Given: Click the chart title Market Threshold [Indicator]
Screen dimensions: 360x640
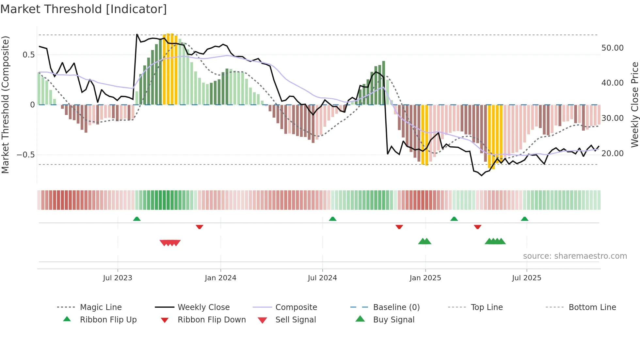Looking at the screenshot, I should pyautogui.click(x=84, y=9).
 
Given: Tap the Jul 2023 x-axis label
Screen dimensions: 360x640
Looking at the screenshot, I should pyautogui.click(x=118, y=278).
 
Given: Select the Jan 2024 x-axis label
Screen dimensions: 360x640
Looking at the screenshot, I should pyautogui.click(x=220, y=278).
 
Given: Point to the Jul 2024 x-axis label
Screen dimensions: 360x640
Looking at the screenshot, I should pyautogui.click(x=322, y=278).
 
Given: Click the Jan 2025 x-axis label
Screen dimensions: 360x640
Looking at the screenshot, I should pyautogui.click(x=425, y=278).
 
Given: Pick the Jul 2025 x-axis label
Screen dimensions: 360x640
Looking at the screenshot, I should pyautogui.click(x=526, y=278).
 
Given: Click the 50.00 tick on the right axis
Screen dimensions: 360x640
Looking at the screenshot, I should pyautogui.click(x=612, y=48).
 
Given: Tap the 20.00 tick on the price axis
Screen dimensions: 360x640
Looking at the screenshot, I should pyautogui.click(x=612, y=154).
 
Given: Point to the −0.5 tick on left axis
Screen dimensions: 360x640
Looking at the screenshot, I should pyautogui.click(x=26, y=155).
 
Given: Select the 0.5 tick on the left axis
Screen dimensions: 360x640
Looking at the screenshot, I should pyautogui.click(x=28, y=55).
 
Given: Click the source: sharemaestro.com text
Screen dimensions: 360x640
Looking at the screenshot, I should pyautogui.click(x=575, y=256).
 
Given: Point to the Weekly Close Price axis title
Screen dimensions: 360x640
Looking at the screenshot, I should pyautogui.click(x=634, y=105).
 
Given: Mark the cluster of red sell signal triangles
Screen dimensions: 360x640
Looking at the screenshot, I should pyautogui.click(x=170, y=243).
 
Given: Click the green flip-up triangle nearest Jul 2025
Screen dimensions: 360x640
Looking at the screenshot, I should pyautogui.click(x=524, y=219).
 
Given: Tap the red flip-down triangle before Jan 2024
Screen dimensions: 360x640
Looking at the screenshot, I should pyautogui.click(x=200, y=227).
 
